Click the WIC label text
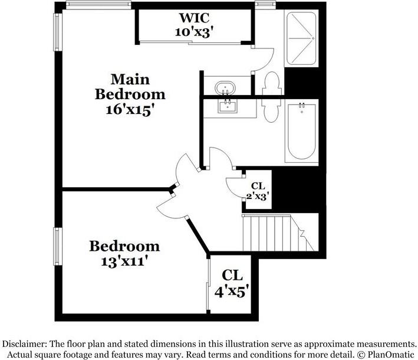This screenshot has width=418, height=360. pyautogui.click(x=195, y=18)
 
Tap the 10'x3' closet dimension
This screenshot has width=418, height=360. pyautogui.click(x=195, y=32)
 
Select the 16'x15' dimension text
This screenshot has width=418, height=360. pyautogui.click(x=130, y=110)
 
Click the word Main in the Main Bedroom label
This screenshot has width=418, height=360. pyautogui.click(x=130, y=79)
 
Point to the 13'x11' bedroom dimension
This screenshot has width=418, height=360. pyautogui.click(x=124, y=261)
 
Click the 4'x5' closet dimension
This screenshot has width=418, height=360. pyautogui.click(x=232, y=292)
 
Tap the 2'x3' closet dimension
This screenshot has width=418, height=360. pyautogui.click(x=257, y=197)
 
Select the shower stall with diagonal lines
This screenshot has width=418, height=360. pyautogui.click(x=301, y=39)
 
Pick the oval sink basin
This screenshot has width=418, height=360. pyautogui.click(x=225, y=87)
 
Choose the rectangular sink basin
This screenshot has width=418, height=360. pyautogui.click(x=228, y=106)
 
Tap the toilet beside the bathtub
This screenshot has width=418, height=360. pyautogui.click(x=272, y=109)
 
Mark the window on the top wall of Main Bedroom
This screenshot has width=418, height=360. pyautogui.click(x=98, y=4)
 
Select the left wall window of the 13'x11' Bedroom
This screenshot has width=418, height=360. pyautogui.click(x=58, y=246)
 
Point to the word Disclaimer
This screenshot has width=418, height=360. pyautogui.click(x=25, y=343)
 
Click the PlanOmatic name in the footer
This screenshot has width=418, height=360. pyautogui.click(x=390, y=355)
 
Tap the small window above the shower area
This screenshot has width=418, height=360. pyautogui.click(x=265, y=4)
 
